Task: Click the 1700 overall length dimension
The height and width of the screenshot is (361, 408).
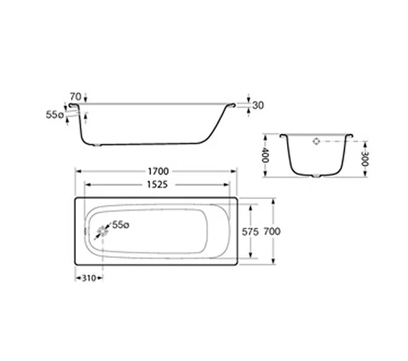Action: [159, 172]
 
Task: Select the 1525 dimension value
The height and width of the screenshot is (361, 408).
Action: [159, 185]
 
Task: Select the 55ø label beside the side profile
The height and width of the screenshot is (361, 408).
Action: [54, 114]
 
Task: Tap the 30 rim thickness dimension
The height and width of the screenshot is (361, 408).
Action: [258, 105]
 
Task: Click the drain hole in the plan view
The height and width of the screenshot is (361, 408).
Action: [103, 231]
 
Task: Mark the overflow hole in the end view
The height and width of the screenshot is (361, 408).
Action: [316, 142]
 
